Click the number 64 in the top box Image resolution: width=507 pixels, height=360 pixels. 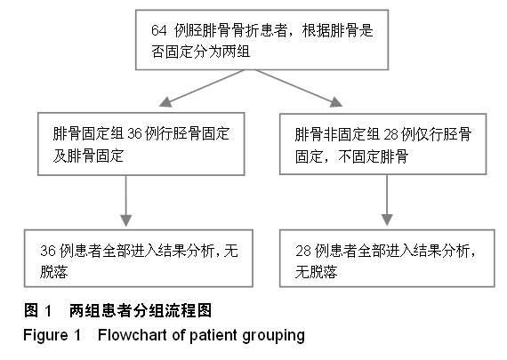point(158,31)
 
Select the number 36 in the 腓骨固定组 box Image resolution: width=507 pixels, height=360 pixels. point(135,133)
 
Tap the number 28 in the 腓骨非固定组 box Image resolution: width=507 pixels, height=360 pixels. point(390,134)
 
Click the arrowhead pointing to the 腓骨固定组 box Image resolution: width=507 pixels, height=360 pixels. point(165,101)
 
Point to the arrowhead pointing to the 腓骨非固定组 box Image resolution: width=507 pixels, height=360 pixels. point(336,101)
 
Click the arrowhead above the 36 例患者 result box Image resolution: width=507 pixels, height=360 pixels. point(125,220)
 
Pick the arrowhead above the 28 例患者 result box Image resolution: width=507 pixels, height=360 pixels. point(387,220)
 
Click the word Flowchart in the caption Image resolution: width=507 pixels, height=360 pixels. point(133,335)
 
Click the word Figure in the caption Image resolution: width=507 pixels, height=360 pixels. point(45,335)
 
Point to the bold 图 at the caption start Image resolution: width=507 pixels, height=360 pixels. point(31,310)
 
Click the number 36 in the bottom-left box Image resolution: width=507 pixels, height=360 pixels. point(48,251)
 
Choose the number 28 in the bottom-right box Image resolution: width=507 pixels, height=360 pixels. point(303,251)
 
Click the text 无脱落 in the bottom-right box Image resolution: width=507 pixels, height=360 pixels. point(316,271)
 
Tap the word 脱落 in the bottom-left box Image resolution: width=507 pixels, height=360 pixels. point(54,271)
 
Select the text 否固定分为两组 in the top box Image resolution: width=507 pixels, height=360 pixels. point(200,52)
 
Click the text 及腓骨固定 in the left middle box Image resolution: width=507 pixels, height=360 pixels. point(88,156)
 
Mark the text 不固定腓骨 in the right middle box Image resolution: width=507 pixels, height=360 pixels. point(374,156)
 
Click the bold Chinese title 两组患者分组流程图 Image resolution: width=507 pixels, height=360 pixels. point(141,310)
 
